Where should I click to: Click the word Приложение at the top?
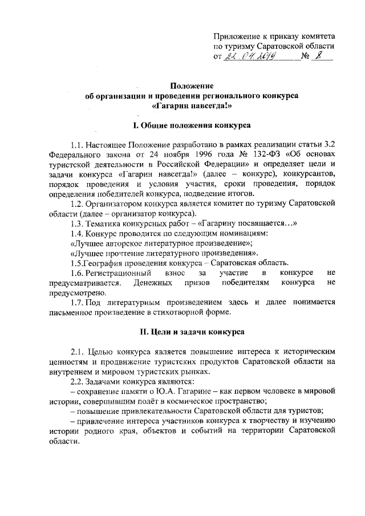point(237,35)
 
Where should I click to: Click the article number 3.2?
point(327,144)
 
